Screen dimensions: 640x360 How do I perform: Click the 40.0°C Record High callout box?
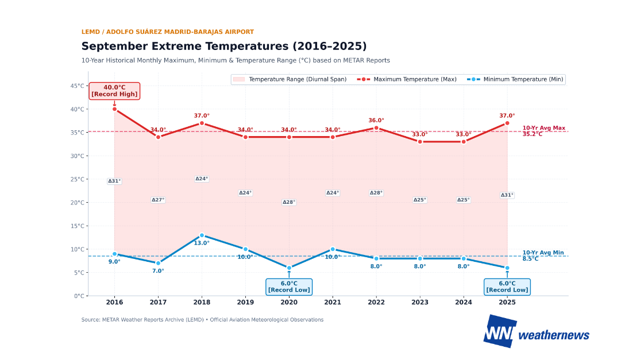[114, 91]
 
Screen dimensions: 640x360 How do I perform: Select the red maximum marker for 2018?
[202, 123]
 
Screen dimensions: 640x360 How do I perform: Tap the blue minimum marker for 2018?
[202, 235]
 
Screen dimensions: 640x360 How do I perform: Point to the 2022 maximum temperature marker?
[376, 128]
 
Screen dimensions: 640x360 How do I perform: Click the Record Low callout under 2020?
[289, 287]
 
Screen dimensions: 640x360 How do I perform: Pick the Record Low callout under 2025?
[507, 287]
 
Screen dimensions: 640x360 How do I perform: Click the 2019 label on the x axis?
[245, 303]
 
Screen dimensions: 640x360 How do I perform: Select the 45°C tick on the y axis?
[77, 86]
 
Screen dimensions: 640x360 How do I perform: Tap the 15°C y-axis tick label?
[77, 226]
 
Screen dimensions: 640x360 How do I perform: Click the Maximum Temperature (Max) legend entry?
[407, 79]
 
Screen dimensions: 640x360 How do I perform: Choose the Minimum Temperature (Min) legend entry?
[515, 79]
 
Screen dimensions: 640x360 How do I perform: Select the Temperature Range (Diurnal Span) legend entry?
[290, 79]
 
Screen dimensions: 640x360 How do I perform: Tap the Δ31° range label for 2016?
[114, 181]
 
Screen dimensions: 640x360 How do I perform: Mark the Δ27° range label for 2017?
[158, 200]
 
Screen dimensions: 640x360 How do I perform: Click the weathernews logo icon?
[500, 331]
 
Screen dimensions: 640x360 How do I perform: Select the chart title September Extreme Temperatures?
[223, 46]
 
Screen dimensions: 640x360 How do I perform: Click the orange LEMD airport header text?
[167, 32]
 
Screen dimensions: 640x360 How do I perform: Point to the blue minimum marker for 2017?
[158, 264]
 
